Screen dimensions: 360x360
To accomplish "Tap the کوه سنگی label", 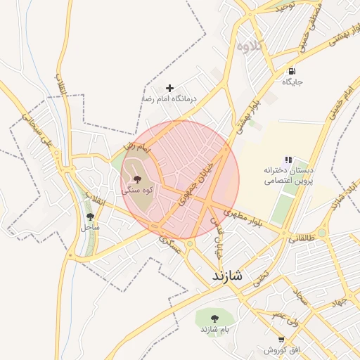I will [x=138, y=190].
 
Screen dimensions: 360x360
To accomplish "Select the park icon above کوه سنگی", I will [x=137, y=179].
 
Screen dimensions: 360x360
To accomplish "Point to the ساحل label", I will [x=90, y=227].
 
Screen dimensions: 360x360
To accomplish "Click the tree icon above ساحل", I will [x=89, y=217].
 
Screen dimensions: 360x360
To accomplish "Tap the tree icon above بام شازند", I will [x=214, y=319].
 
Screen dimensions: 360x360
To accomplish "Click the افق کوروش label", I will [x=282, y=350].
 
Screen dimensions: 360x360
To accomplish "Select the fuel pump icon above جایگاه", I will [x=291, y=72].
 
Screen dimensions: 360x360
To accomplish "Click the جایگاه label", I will [x=292, y=82].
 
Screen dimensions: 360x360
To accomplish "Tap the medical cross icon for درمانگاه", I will [x=169, y=88].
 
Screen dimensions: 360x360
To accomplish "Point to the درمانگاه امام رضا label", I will [x=169, y=99].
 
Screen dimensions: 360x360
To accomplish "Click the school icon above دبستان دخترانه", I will [x=288, y=160].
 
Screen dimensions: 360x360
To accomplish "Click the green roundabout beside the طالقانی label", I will [x=322, y=232].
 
